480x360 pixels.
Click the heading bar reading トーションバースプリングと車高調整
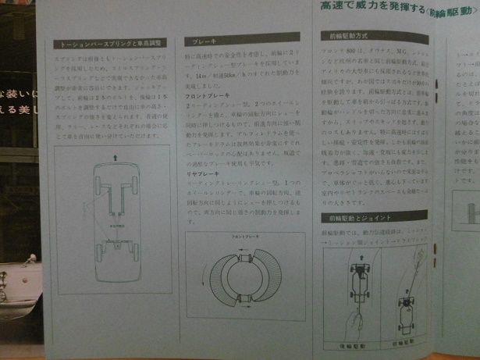pos(108,45)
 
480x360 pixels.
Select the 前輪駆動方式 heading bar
pos(374,35)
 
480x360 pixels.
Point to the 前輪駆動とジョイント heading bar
pos(374,216)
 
